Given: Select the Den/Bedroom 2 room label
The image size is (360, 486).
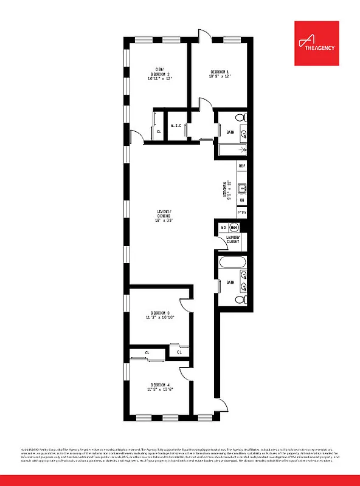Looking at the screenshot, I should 159,74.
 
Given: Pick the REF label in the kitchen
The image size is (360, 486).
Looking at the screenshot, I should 241,166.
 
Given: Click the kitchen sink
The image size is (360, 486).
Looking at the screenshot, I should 241,188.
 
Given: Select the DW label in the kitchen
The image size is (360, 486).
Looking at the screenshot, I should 241,200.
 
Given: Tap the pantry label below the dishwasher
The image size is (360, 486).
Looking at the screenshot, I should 241,213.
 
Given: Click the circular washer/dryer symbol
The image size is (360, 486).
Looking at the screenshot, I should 234,228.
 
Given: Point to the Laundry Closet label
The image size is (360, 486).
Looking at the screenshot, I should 232,239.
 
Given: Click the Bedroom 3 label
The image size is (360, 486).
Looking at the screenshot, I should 159,315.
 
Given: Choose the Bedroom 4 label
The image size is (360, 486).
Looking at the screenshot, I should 159,387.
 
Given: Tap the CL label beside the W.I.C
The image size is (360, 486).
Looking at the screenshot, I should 159,131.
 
